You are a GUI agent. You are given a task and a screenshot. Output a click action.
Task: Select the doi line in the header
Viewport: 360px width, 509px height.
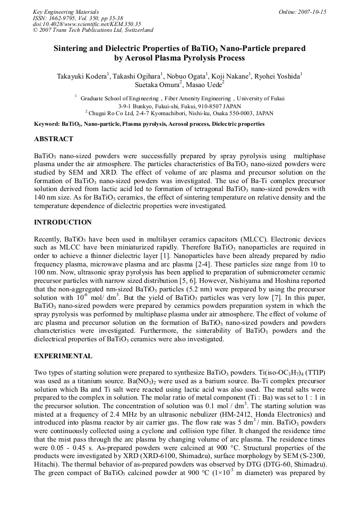[87, 24]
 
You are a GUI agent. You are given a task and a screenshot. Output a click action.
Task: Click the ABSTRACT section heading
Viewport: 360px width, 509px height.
[54, 139]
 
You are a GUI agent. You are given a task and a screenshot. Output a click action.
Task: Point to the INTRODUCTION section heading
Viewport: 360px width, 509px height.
[63, 222]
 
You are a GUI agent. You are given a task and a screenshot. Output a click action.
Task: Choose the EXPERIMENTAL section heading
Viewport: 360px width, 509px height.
[63, 356]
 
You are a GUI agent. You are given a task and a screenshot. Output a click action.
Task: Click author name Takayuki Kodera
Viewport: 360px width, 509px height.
[82, 76]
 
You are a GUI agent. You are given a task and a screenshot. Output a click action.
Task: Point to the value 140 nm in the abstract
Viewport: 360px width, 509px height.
[44, 198]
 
